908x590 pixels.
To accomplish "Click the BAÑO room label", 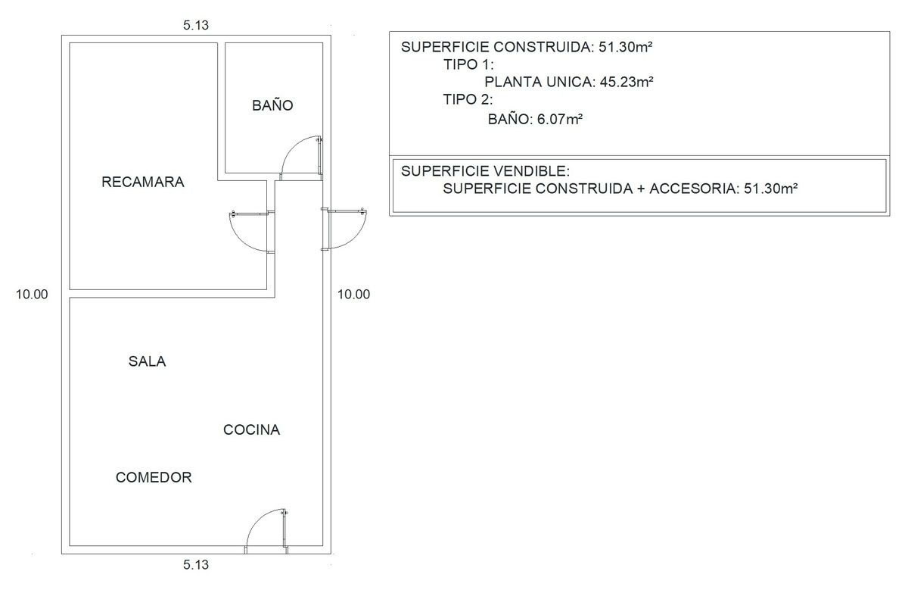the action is pos(272,105).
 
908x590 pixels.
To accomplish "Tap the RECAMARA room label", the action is pos(143,182).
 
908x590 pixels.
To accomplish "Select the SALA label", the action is pos(147,361).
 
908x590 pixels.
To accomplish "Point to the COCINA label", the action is pos(251,429).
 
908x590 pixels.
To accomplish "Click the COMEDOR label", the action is pos(154,477).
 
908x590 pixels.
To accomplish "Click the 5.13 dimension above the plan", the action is pos(196,25).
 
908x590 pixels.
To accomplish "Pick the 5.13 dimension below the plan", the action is pos(196,564).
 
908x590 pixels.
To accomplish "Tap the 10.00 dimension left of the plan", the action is pos(32,294).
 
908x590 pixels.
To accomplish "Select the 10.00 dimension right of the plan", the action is pos(353,294).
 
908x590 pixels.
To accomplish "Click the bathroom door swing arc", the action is pos(293,147).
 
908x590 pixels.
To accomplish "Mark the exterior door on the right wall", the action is pos(344,229).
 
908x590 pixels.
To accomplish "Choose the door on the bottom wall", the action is pos(267,531).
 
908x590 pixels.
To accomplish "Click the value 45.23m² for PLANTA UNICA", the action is pos(627,82).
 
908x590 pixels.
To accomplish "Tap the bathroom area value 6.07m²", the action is pos(559,120).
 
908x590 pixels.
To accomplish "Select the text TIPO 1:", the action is pos(468,64).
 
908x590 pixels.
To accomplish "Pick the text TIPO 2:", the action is pos(468,99).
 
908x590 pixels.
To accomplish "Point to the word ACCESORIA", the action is pos(695,189).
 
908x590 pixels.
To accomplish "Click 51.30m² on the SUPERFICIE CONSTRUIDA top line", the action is pos(626,47).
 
